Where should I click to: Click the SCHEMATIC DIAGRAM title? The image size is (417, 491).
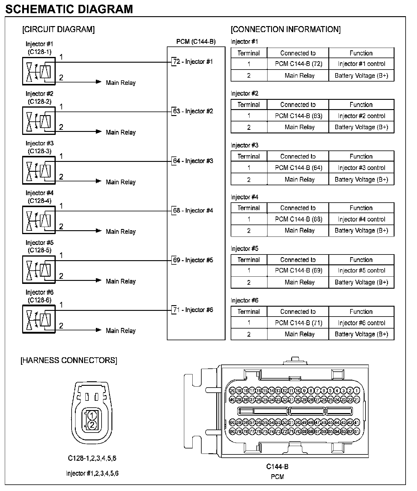click(69, 9)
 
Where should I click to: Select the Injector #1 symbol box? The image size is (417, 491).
click(39, 71)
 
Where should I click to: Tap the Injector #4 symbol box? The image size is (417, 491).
click(39, 220)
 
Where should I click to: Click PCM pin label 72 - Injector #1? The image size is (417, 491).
click(193, 62)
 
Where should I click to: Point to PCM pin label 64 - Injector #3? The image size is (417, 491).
click(193, 161)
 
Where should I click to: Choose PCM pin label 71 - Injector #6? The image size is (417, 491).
click(193, 310)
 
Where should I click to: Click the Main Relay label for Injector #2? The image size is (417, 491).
click(121, 132)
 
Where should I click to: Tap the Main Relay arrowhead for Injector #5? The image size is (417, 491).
click(99, 280)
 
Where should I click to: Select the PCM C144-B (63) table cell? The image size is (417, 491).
click(298, 116)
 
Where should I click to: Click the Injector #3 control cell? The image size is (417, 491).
click(361, 168)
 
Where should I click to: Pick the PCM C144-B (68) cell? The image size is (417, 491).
click(298, 219)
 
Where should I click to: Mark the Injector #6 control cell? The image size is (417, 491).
click(361, 323)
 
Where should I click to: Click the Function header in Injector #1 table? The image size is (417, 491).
click(361, 53)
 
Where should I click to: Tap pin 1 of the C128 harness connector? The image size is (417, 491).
click(92, 415)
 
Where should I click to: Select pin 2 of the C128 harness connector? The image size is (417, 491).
click(92, 424)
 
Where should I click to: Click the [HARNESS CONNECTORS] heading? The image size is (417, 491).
click(69, 360)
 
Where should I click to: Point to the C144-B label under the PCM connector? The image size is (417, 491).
click(277, 467)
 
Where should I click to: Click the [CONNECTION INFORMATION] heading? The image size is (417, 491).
click(285, 29)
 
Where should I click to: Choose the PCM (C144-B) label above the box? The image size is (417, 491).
click(196, 42)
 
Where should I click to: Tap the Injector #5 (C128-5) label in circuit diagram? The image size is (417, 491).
click(39, 246)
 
